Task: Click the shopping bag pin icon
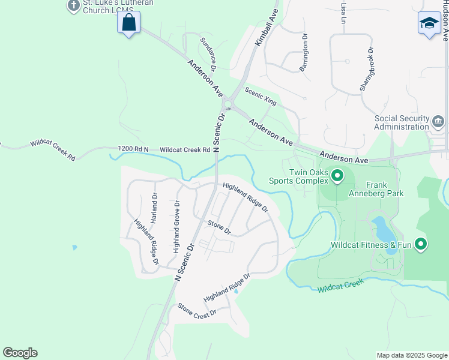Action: [129, 23]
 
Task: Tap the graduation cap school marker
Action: [429, 23]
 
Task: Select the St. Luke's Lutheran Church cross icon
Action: [73, 6]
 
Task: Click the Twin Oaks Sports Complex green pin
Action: [337, 176]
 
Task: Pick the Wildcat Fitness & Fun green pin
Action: [421, 244]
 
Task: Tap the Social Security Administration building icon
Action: [438, 122]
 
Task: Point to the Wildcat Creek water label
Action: [341, 285]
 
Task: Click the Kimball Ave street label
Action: [267, 28]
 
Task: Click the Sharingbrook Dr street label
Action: [367, 69]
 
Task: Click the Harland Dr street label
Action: [154, 208]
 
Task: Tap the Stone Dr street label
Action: [219, 226]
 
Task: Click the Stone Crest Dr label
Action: [196, 310]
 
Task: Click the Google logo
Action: [20, 353]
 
